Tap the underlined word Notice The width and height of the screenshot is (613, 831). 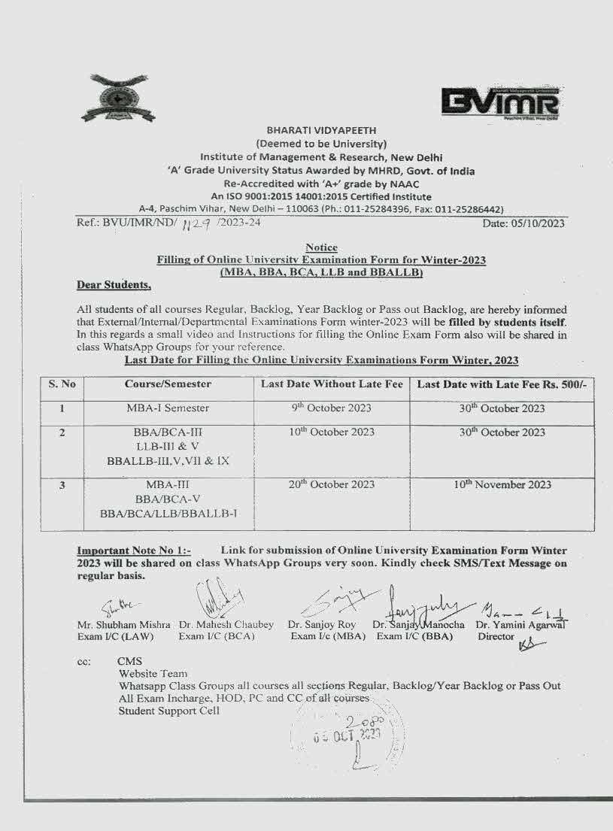click(321, 247)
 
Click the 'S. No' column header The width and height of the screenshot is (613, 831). click(62, 384)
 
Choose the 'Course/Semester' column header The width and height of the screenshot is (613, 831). click(168, 384)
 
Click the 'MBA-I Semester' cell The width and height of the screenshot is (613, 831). click(168, 408)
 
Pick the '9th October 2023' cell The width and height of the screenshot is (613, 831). click(331, 408)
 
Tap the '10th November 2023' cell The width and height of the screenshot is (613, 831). click(502, 485)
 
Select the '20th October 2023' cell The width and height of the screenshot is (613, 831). click(331, 485)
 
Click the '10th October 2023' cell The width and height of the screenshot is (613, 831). click(331, 432)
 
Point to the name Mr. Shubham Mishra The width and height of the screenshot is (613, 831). click(123, 625)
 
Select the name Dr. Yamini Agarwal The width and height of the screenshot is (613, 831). click(522, 625)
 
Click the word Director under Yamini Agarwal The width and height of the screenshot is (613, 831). click(496, 636)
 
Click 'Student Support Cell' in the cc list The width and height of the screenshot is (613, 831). click(169, 711)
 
